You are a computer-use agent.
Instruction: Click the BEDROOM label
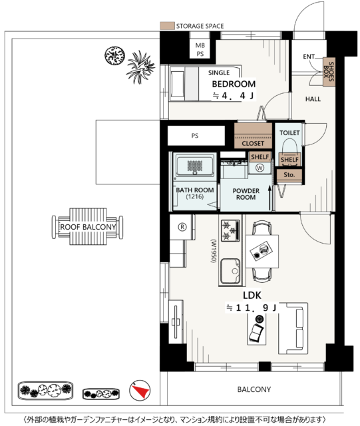[x=234, y=84]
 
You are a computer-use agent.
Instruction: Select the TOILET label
[x=290, y=132]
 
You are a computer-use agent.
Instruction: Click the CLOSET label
[x=253, y=143]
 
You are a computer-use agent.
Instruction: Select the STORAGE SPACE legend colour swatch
[x=166, y=26]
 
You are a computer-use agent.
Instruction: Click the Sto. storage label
[x=289, y=175]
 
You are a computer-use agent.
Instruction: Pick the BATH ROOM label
[x=195, y=193]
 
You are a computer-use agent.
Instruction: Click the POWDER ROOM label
[x=246, y=194]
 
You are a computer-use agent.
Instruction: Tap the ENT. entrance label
[x=309, y=57]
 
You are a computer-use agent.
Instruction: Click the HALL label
[x=313, y=99]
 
